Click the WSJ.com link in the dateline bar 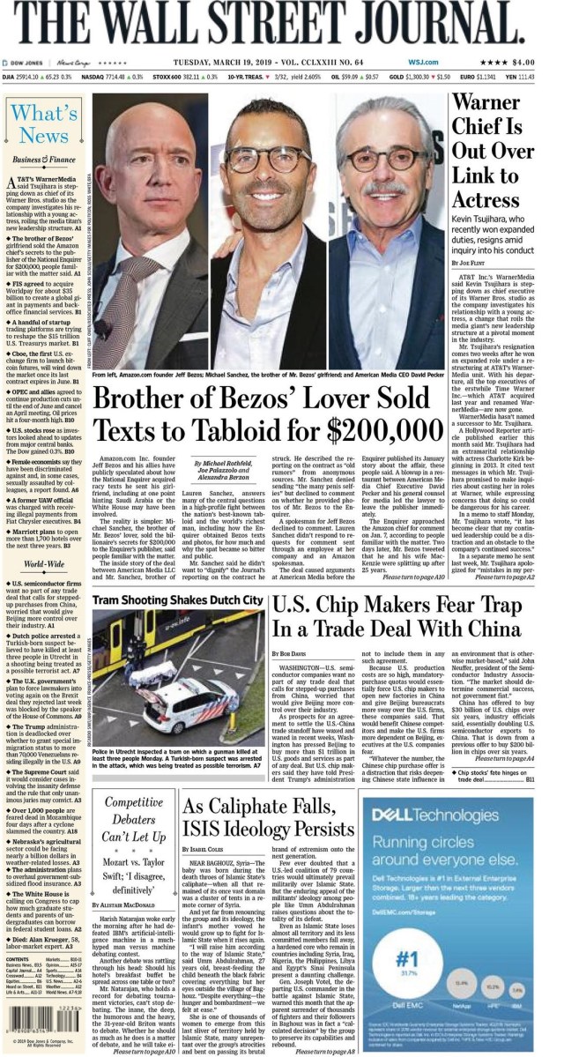[422, 62]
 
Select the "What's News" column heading [44, 123]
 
